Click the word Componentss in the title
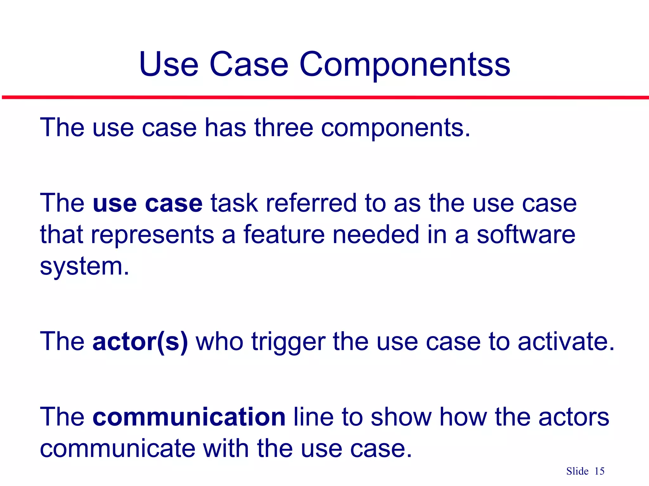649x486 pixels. click(x=404, y=65)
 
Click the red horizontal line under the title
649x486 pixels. click(x=324, y=97)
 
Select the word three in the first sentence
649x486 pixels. click(x=284, y=128)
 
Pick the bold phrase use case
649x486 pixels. click(x=147, y=203)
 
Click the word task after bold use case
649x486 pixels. click(x=234, y=203)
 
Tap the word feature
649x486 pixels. click(x=284, y=234)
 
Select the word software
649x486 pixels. click(x=526, y=234)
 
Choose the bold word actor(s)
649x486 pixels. click(x=140, y=342)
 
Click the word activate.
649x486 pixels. click(x=566, y=342)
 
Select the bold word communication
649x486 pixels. click(x=189, y=417)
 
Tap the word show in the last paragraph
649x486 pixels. click(x=401, y=417)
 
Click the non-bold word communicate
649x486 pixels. click(x=118, y=449)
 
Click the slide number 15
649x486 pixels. click(x=599, y=471)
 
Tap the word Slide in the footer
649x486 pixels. click(x=577, y=471)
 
